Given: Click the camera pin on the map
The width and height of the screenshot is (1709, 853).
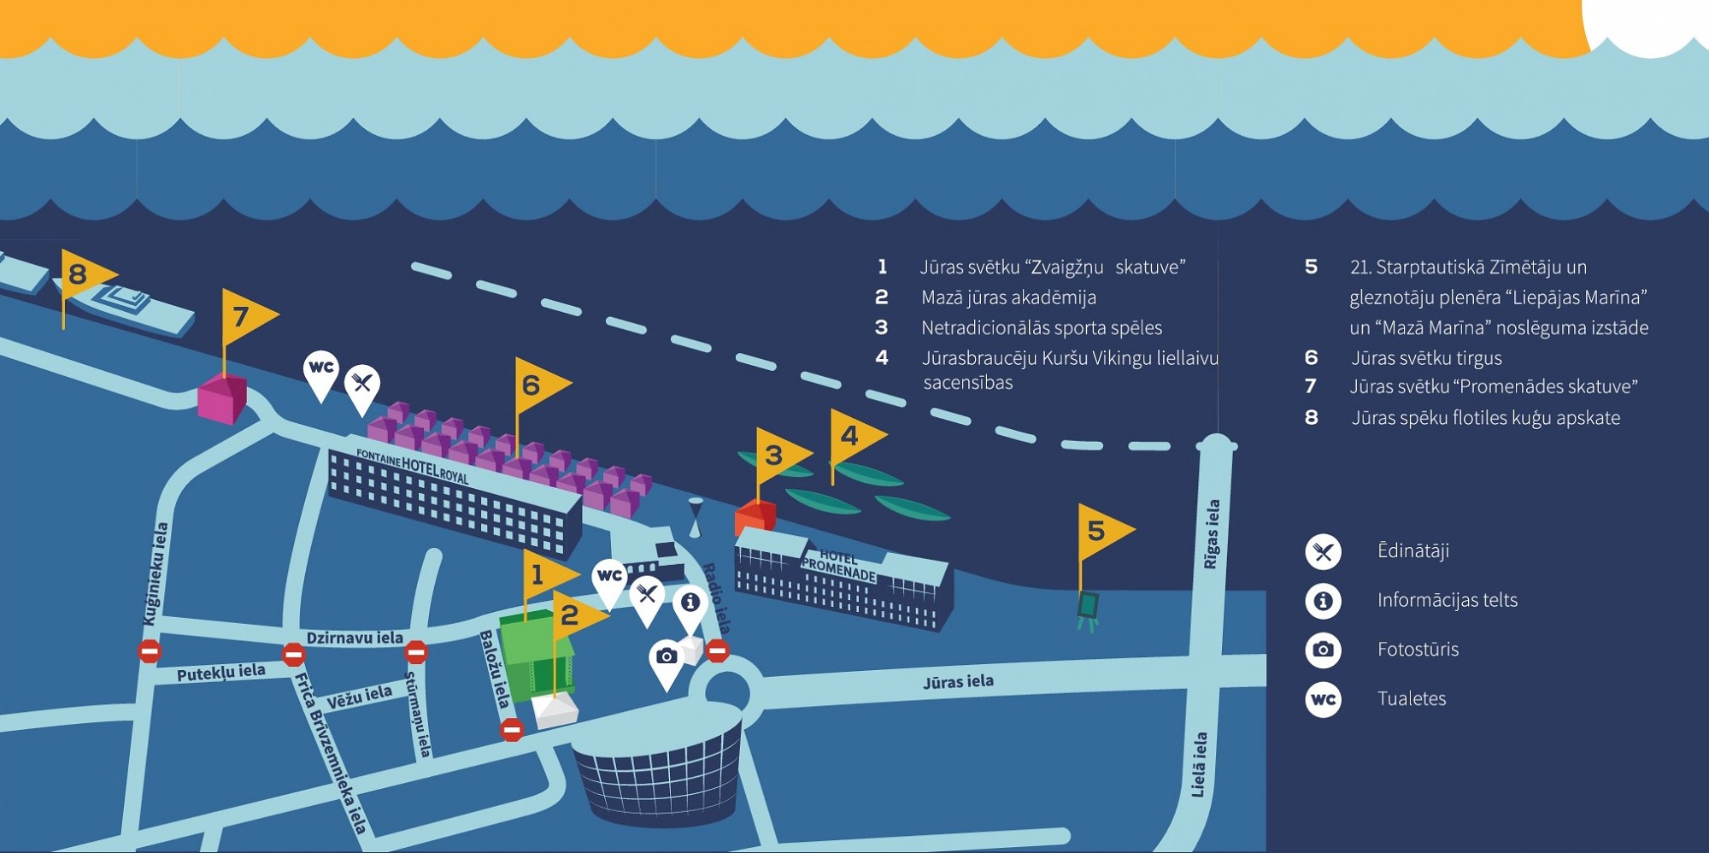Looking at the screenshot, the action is coord(667,663).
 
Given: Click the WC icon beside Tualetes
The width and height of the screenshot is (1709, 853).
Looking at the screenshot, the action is coord(1323,700).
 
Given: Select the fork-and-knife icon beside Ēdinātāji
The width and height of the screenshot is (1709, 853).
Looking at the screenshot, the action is coord(1323,552).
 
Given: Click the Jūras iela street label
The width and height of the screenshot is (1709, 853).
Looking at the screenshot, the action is coord(958,681).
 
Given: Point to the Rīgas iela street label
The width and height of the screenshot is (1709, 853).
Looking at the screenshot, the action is coord(1212,534).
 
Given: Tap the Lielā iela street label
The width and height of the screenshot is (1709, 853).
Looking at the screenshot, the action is coord(1200,765).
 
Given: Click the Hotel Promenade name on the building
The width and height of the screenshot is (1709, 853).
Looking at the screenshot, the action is coord(838,564).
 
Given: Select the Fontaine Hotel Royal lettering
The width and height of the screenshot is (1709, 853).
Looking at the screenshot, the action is coord(412,465).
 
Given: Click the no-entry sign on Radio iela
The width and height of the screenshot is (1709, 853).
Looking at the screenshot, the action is coord(718,651).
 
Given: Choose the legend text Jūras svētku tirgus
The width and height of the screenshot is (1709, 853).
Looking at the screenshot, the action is coord(1426,358).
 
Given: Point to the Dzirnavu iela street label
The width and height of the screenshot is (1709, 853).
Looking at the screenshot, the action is coord(355,638).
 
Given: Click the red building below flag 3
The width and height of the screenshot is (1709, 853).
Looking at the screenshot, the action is coord(755,518).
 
